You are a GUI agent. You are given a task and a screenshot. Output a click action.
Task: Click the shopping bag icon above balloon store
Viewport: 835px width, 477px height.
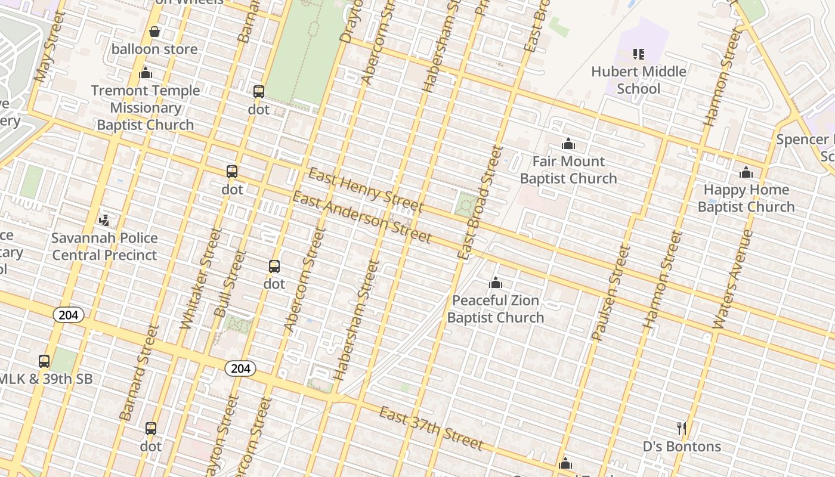point(154,32)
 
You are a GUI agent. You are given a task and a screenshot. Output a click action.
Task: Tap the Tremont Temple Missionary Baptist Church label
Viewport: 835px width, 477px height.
point(146,108)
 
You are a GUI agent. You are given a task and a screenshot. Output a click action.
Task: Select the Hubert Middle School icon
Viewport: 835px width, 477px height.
point(639,55)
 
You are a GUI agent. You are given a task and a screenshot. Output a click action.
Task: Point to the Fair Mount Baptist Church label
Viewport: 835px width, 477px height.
point(568,170)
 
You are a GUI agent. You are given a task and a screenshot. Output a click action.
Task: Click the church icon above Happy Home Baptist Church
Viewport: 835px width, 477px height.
point(746,173)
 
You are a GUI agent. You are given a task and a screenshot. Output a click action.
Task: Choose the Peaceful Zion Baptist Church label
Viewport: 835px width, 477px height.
point(496,309)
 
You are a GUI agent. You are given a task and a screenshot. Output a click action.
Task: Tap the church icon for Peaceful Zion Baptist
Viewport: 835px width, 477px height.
point(496,283)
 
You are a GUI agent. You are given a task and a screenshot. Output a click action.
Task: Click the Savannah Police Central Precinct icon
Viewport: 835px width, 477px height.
point(104,220)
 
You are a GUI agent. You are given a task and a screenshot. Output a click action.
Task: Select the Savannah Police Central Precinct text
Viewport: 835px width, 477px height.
point(104,246)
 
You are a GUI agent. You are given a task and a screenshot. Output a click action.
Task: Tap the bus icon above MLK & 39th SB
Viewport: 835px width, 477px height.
point(44,361)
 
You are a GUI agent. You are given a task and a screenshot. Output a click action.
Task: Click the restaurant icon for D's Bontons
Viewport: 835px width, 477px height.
point(682,428)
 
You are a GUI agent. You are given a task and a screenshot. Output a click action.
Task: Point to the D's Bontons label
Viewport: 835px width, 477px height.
point(682,447)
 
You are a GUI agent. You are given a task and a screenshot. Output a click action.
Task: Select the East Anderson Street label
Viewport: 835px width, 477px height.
point(361,218)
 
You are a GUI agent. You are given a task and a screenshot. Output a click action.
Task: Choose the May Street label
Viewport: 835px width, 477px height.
point(50,47)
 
